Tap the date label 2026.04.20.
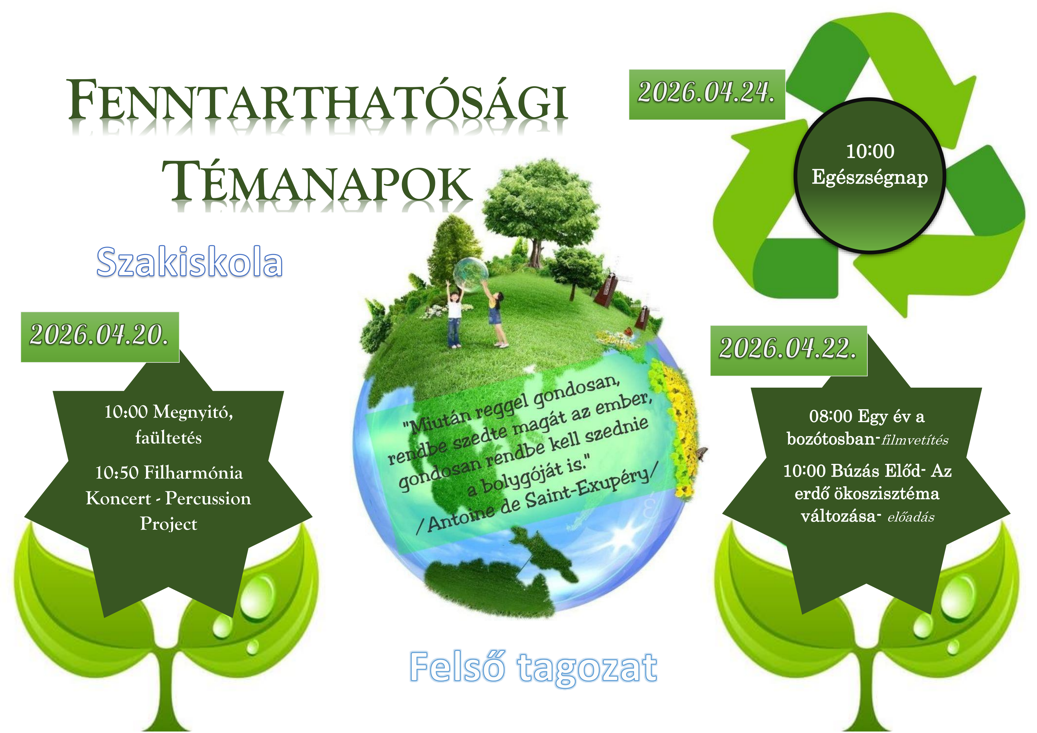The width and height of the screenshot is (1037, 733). pyautogui.click(x=99, y=336)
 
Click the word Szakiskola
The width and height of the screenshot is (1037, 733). pyautogui.click(x=190, y=262)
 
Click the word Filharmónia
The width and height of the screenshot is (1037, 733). pyautogui.click(x=193, y=473)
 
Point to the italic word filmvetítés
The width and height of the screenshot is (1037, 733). pyautogui.click(x=915, y=440)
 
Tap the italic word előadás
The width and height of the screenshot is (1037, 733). pyautogui.click(x=911, y=517)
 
